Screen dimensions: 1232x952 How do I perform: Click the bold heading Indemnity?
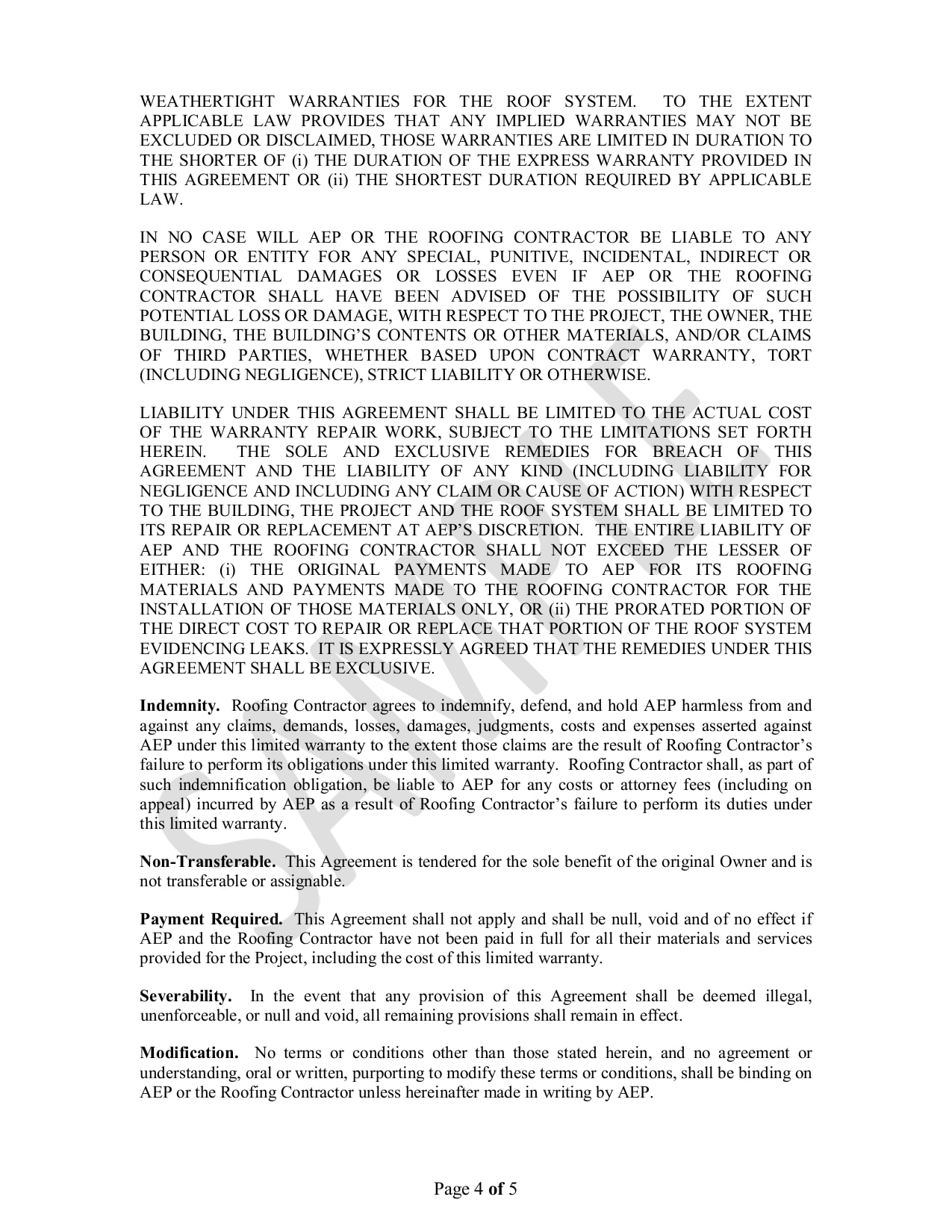point(179,706)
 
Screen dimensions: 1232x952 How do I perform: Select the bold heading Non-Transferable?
point(207,862)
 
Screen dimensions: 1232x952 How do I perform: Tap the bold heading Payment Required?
point(211,919)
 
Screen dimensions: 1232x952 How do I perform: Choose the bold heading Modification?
point(189,1053)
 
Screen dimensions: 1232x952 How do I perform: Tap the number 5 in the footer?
point(512,1189)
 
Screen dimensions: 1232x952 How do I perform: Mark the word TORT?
point(789,355)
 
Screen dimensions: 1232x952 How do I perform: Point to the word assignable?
point(305,881)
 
